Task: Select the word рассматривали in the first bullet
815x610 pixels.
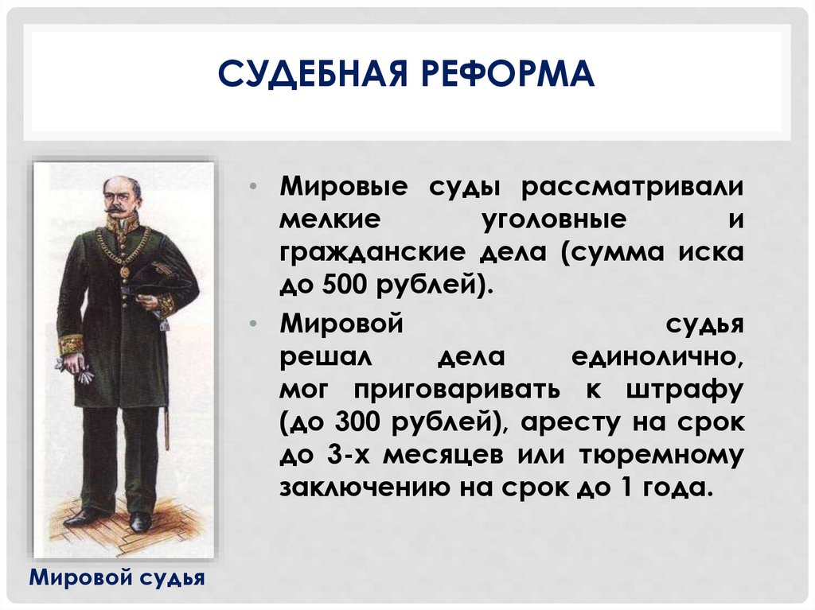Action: [x=633, y=188]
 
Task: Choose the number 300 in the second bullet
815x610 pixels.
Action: [x=345, y=423]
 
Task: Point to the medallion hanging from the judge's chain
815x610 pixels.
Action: [x=124, y=270]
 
